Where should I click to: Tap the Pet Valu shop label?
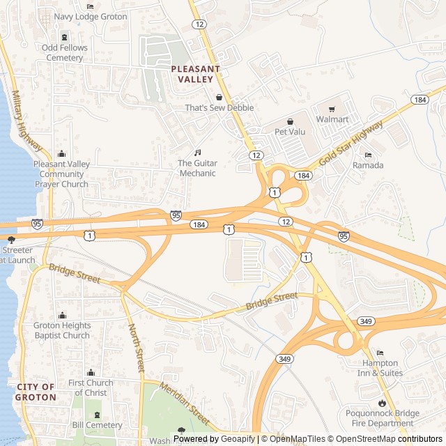click(x=291, y=130)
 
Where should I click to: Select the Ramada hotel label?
click(x=368, y=165)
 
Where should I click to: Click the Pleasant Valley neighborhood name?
click(x=195, y=74)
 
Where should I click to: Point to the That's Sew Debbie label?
click(x=219, y=108)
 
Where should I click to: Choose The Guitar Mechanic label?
click(x=198, y=168)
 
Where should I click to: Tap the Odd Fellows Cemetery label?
click(x=65, y=52)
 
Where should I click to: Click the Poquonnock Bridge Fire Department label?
click(x=383, y=418)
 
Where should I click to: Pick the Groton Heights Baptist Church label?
click(x=62, y=330)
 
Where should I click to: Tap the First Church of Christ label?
click(x=91, y=387)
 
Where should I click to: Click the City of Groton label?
click(x=36, y=392)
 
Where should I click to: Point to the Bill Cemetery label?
click(x=97, y=424)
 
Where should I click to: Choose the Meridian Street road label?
click(x=184, y=403)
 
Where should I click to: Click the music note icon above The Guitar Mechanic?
click(x=197, y=153)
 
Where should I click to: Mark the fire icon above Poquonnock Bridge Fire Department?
click(x=382, y=403)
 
